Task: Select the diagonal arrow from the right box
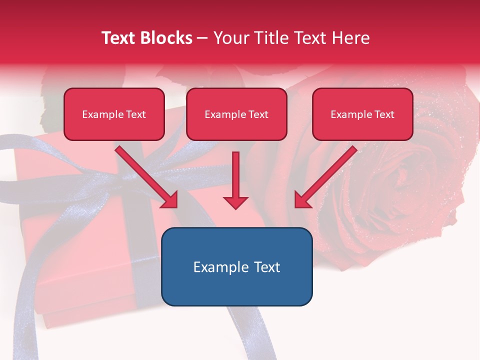[327, 175]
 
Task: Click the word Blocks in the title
[168, 38]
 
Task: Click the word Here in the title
[351, 38]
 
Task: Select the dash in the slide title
[203, 38]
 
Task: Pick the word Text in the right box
[384, 114]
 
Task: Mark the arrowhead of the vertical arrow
[235, 202]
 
